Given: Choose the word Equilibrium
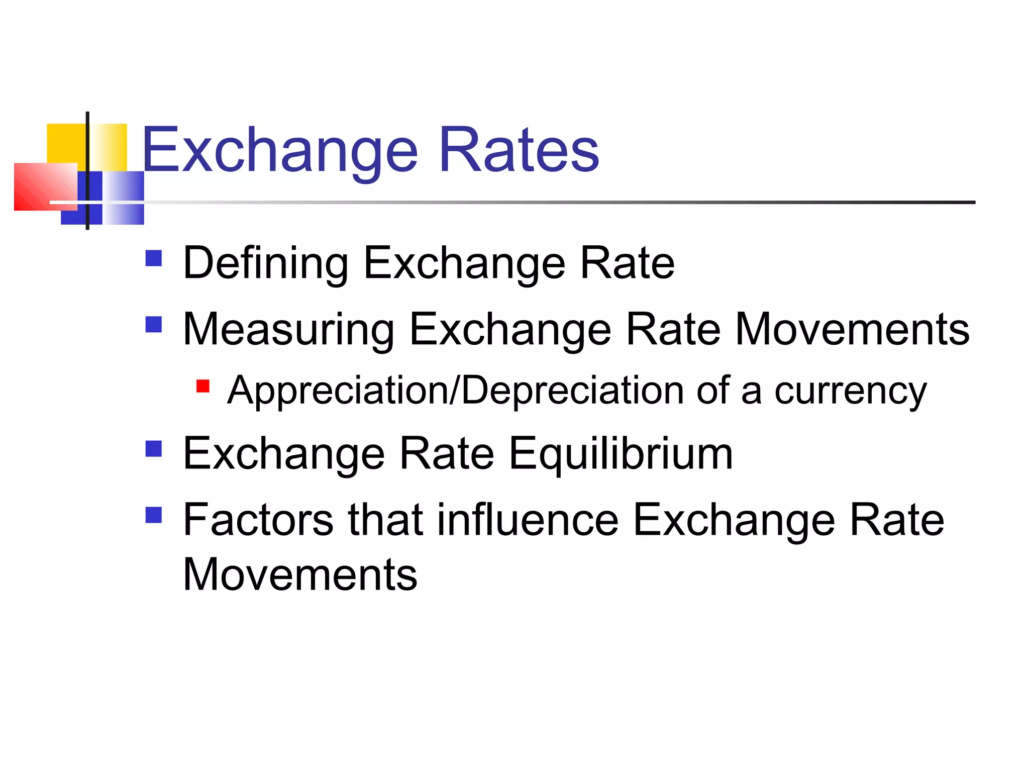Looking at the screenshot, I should click(x=621, y=454).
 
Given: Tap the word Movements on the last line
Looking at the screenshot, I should click(x=300, y=574).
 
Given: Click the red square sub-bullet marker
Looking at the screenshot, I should click(x=202, y=386).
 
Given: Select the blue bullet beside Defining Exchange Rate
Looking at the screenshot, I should click(x=153, y=258).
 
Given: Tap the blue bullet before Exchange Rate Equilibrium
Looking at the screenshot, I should click(x=153, y=449).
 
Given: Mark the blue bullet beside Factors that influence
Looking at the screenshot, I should click(x=153, y=515).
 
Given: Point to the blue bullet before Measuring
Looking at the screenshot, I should click(x=153, y=324).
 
